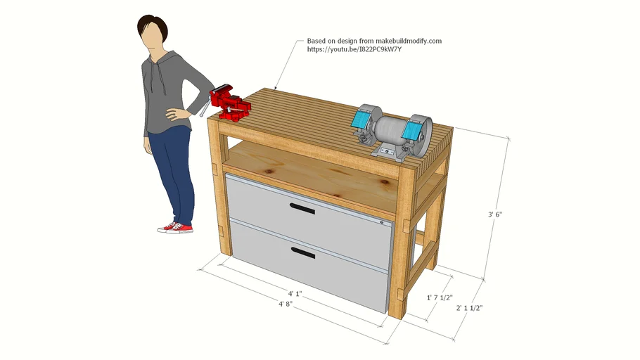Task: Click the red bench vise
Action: tap(229, 102)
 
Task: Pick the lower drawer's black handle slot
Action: tap(303, 252)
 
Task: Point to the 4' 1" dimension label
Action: tap(295, 293)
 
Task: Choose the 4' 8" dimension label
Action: tap(286, 304)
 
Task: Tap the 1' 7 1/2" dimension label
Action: tap(440, 298)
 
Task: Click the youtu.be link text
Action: tap(354, 50)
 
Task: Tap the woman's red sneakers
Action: tap(175, 227)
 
